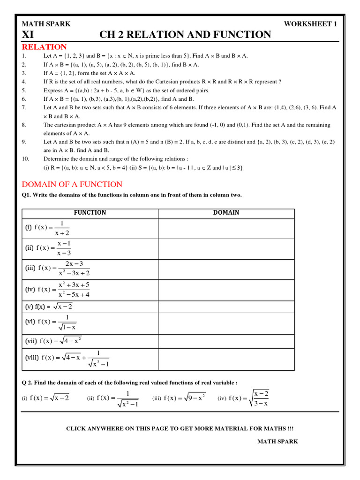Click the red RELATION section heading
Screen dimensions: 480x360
(45, 47)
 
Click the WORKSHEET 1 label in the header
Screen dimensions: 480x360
(310, 24)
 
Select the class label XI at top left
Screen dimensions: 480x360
(28, 35)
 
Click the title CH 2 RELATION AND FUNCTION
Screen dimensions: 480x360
(185, 35)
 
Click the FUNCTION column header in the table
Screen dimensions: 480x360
(90, 213)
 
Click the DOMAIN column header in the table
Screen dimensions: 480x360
(226, 213)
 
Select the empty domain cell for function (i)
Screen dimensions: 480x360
(226, 228)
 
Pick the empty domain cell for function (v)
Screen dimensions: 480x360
(226, 307)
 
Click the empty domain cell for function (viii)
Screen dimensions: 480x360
(226, 359)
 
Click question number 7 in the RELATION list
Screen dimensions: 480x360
(24, 108)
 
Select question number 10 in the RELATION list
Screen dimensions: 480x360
(25, 158)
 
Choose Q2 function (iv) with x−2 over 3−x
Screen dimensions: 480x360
(244, 398)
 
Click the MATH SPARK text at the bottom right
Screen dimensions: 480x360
(277, 441)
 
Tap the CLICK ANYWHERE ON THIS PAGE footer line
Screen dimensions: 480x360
(180, 428)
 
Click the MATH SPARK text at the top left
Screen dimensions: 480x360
(46, 24)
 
